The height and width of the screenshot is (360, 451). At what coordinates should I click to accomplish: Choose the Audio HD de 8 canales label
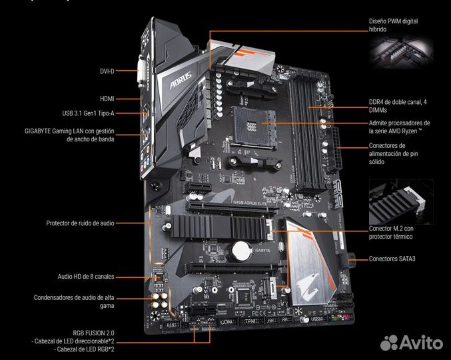(86, 275)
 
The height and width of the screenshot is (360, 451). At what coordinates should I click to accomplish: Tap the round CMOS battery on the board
(239, 251)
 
